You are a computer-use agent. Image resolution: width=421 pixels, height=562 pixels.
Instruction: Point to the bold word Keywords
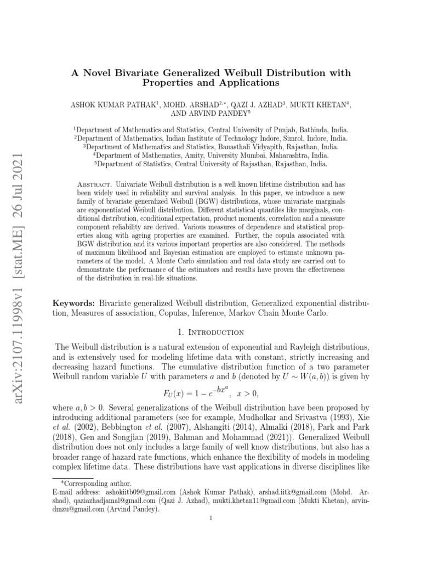[73, 303]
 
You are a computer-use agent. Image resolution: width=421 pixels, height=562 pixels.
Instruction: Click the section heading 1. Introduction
[210, 333]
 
